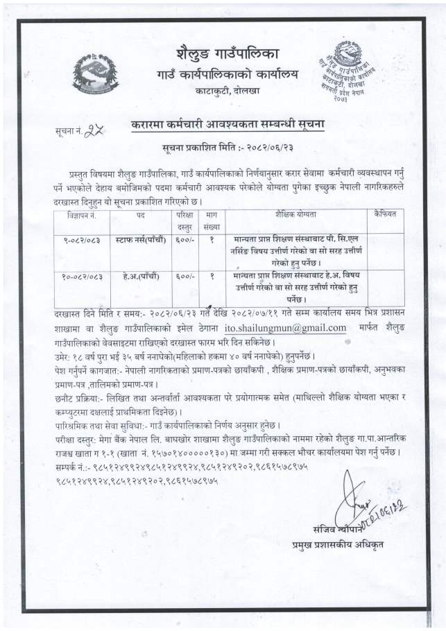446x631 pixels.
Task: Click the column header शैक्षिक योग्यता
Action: tap(299, 215)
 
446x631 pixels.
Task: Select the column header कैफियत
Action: tap(384, 215)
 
